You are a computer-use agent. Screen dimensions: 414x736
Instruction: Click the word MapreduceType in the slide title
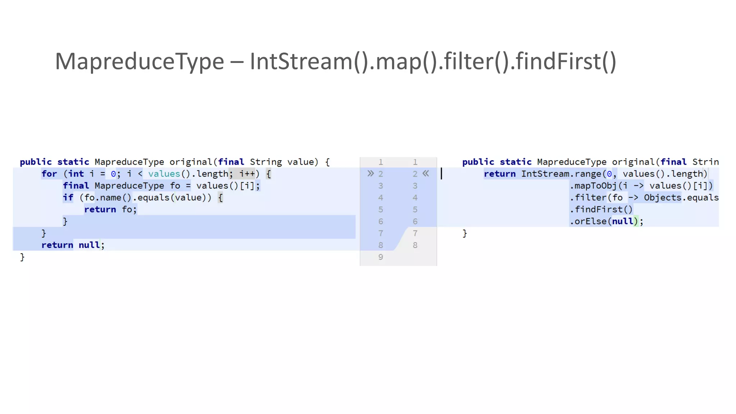coord(139,62)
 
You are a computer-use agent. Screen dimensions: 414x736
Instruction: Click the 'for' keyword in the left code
coord(49,174)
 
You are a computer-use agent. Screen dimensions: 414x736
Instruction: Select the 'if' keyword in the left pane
coord(68,198)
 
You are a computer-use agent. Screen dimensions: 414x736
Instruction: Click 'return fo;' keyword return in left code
coord(100,210)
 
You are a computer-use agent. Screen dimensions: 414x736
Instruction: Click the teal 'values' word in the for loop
coord(164,174)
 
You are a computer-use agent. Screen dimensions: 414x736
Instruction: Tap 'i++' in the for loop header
coord(247,174)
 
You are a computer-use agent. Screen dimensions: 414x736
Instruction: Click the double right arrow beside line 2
coord(371,174)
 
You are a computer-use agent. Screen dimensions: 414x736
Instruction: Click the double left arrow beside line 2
coord(426,174)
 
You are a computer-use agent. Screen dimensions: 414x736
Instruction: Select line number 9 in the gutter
coord(381,257)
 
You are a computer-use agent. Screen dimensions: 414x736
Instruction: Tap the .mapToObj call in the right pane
coord(593,186)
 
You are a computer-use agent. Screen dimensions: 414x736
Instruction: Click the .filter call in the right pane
coord(588,198)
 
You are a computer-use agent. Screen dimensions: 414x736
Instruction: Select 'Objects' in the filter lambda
coord(662,198)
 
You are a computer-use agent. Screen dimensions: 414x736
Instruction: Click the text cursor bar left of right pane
coord(441,174)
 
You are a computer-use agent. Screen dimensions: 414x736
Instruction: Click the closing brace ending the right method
coord(465,234)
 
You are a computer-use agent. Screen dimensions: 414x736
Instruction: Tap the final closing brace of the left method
coord(22,257)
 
